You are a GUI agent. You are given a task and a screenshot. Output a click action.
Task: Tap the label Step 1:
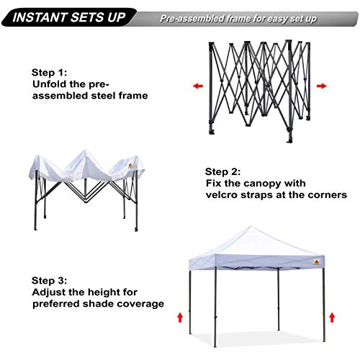click(x=50, y=73)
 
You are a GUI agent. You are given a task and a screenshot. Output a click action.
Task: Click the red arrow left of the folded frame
click(x=197, y=86)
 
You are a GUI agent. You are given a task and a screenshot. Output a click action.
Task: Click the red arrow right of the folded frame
click(x=321, y=86)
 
